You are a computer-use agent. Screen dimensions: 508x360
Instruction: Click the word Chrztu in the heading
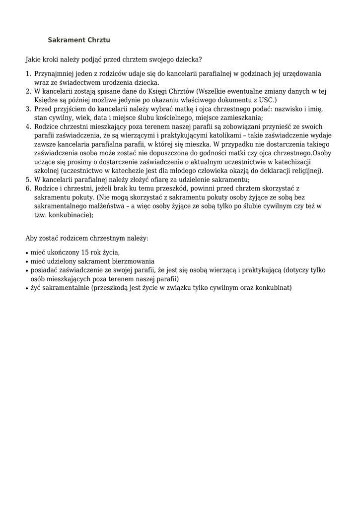98,39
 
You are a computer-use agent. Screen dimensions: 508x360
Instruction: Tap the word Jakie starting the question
33,60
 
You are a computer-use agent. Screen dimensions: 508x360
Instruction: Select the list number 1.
28,74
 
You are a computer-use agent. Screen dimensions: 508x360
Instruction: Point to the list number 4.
28,127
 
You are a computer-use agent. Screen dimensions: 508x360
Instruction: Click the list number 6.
28,189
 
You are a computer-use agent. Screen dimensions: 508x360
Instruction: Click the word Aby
31,239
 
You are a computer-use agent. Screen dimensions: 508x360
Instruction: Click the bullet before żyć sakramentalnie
27,288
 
